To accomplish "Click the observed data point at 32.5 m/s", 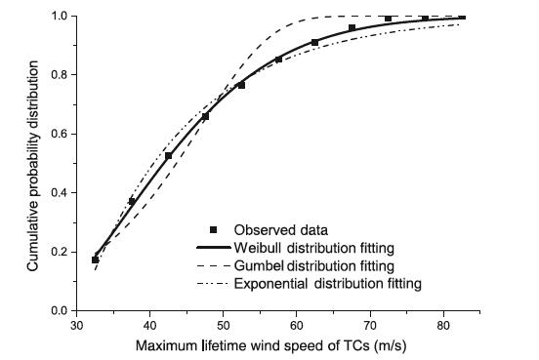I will [x=96, y=260].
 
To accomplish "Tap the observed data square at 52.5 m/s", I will [x=242, y=85].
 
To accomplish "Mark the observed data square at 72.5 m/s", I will [x=389, y=19].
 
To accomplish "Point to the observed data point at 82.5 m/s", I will [x=462, y=17].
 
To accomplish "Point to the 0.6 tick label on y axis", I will [x=58, y=134].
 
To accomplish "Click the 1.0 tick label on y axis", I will [x=58, y=17].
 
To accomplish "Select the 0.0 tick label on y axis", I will [x=58, y=310].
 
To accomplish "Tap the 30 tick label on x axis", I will [x=76, y=326].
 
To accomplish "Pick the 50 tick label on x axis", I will [x=224, y=326].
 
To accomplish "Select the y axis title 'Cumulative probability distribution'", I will [x=32, y=161].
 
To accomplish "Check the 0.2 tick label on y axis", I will [x=58, y=252].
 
